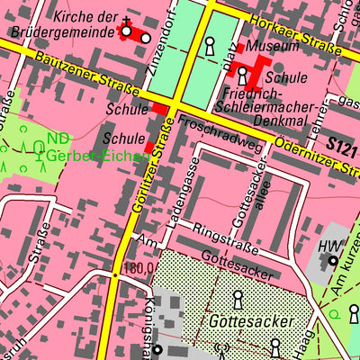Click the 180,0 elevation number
139,267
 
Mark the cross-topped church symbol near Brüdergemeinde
127,30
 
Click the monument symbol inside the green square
210,45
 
